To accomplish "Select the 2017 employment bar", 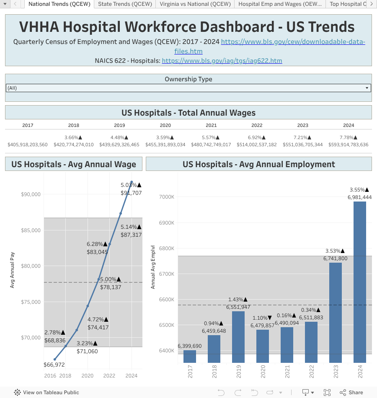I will coord(190,356).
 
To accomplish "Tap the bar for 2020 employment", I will coord(263,346).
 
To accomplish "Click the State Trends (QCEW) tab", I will coord(125,4).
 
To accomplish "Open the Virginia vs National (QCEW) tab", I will coord(195,4).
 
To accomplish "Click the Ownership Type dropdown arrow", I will coord(367,88).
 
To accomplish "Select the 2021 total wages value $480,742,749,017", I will coord(211,145).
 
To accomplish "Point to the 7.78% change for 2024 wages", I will coord(349,137).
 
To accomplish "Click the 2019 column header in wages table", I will coord(119,125).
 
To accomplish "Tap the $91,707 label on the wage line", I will coord(131,193).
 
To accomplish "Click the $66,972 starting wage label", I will coord(54,365).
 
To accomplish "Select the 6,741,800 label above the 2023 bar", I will coord(335,258).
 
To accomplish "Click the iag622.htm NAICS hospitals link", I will coord(222,61).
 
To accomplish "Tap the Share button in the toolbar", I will coord(351,393).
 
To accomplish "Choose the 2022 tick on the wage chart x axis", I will coord(109,376).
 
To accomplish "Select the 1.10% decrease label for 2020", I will coord(263,318).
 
